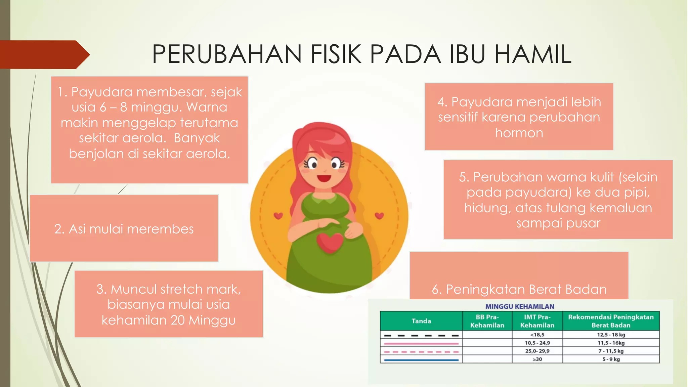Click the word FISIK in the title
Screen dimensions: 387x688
point(336,54)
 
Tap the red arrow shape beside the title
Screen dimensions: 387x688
point(44,54)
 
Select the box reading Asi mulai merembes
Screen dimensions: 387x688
point(124,228)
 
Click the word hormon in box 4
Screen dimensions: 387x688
point(519,133)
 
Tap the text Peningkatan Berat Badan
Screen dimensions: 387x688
point(526,289)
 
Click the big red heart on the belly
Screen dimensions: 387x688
point(330,243)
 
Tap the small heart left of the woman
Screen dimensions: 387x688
point(278,216)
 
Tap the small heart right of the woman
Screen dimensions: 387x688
point(379,215)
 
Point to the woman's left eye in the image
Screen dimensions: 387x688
point(313,164)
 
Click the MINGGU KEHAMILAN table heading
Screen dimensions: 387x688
point(520,306)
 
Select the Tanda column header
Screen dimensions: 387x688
point(421,321)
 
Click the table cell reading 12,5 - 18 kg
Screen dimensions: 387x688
point(611,335)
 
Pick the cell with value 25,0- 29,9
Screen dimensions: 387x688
point(537,351)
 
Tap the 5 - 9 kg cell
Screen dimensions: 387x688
point(611,359)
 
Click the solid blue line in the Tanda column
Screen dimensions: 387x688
point(421,360)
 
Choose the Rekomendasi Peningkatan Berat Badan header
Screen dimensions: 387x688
point(611,321)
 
